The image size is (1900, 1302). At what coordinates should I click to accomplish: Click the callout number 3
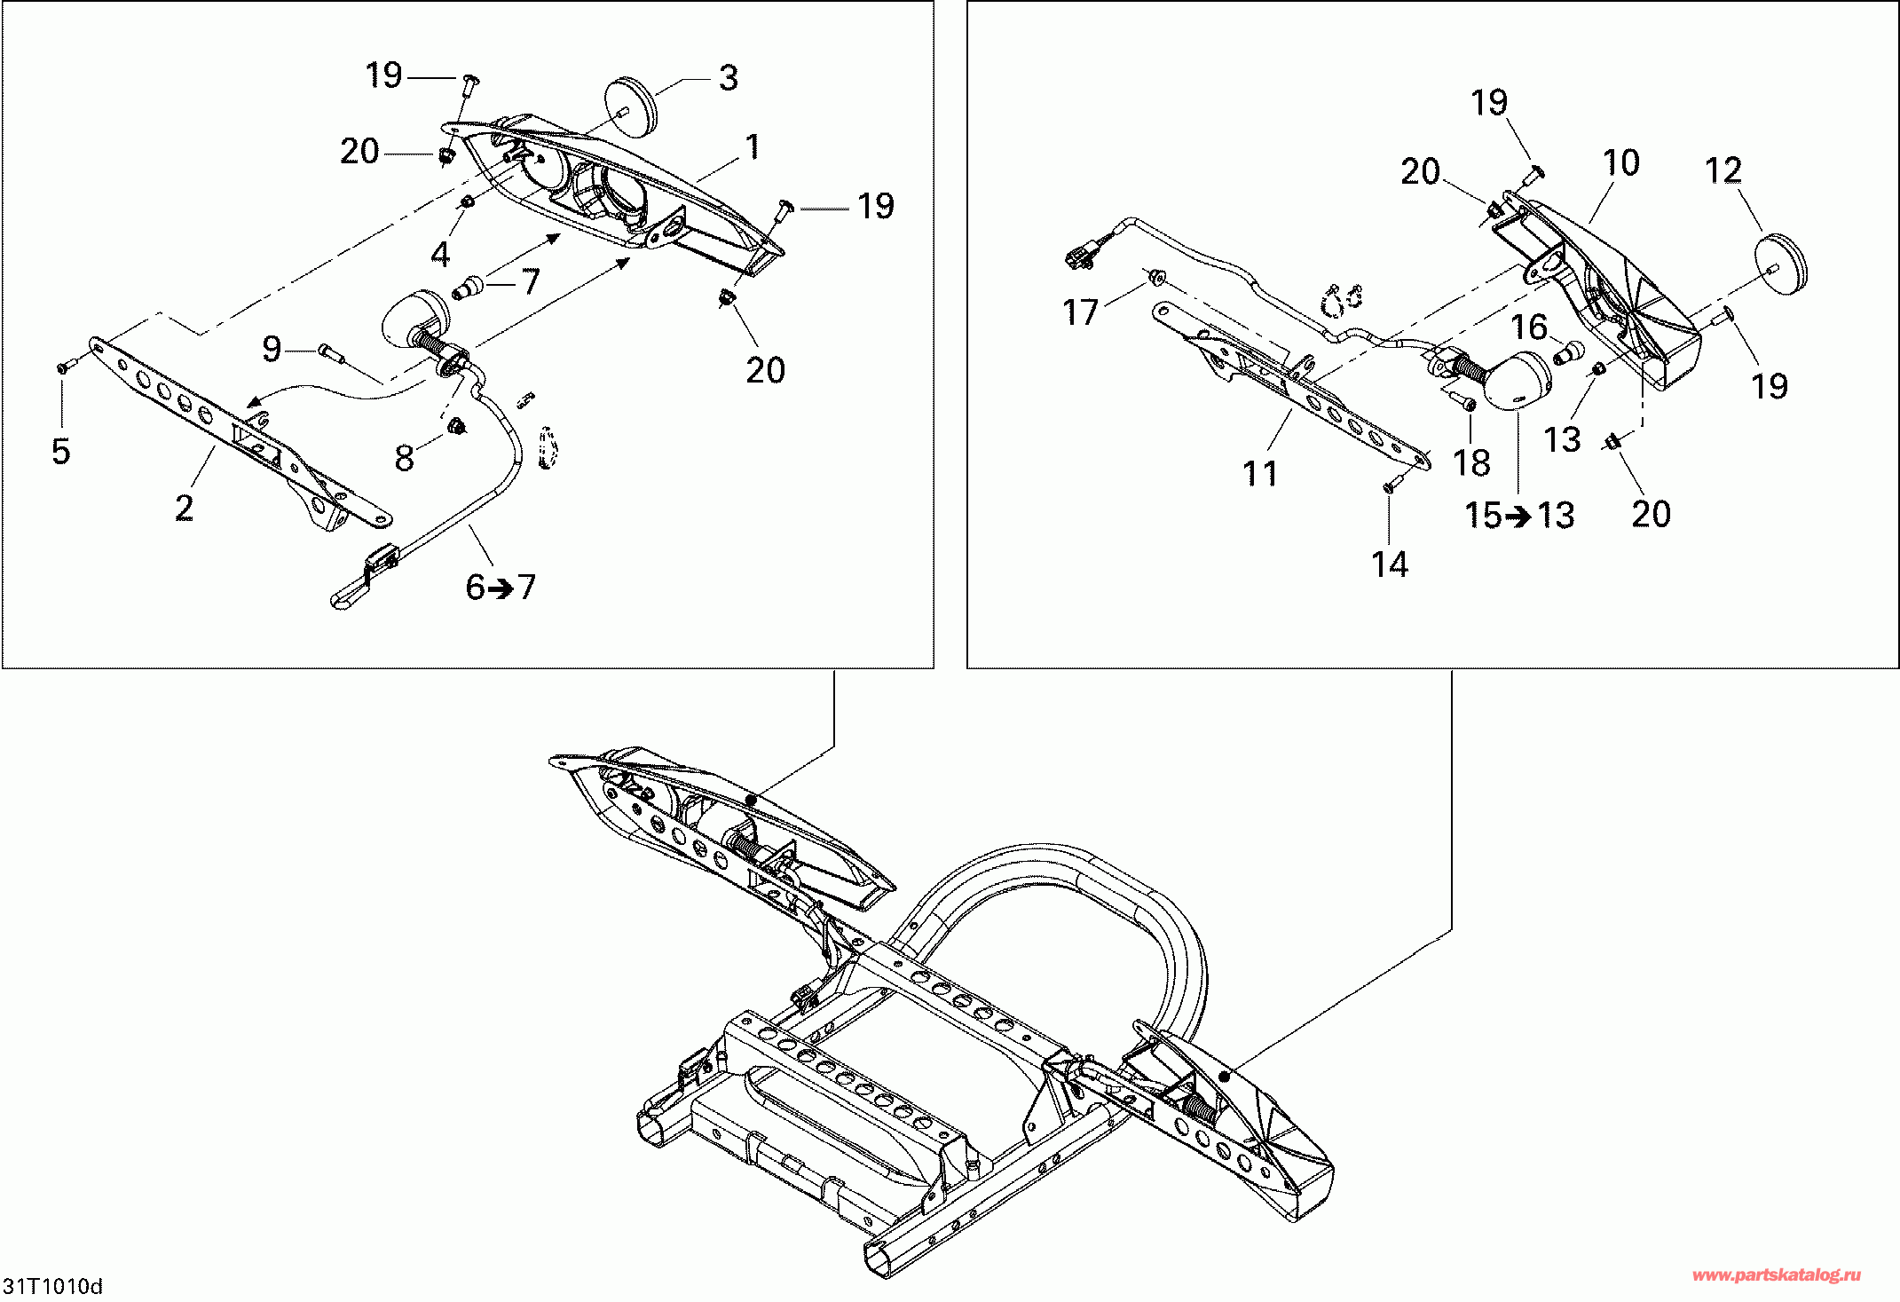tap(728, 78)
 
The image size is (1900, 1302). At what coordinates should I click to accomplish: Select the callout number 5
tap(60, 451)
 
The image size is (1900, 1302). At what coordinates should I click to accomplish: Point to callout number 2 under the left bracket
tap(184, 509)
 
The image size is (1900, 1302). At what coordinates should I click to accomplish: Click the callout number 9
tap(272, 349)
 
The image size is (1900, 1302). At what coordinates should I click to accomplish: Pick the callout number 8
tap(404, 458)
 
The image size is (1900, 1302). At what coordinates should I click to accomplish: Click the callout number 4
tap(440, 255)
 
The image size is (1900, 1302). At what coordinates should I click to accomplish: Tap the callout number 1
tap(753, 147)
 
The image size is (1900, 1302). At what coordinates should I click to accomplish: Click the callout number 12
tap(1723, 170)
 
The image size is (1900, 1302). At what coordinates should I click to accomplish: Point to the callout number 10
tap(1621, 163)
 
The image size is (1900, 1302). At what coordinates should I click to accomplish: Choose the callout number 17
tap(1080, 312)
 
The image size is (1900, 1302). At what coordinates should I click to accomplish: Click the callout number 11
tap(1260, 474)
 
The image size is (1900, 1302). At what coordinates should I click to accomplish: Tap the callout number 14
tap(1390, 564)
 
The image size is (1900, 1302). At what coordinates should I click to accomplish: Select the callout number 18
tap(1471, 462)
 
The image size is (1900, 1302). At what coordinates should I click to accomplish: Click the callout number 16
tap(1530, 327)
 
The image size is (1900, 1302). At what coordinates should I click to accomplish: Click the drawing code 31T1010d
tap(53, 1286)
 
